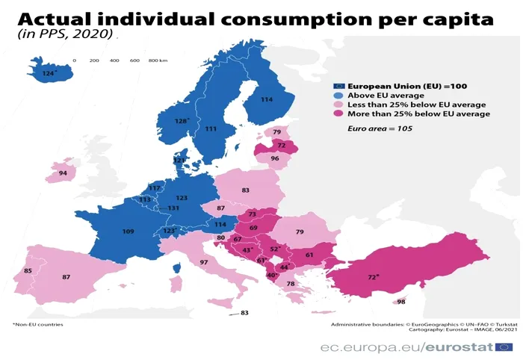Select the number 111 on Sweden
click(211, 129)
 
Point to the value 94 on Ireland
click(63, 173)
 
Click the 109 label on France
click(128, 232)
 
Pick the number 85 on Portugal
click(28, 270)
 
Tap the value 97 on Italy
click(204, 262)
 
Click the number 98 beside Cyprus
click(401, 301)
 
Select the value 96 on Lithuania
click(275, 158)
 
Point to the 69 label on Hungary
click(253, 228)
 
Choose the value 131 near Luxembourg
click(173, 208)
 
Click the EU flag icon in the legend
click(338, 86)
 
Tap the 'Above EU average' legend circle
click(338, 96)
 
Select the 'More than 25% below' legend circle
click(338, 114)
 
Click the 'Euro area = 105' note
click(380, 129)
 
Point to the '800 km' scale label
click(158, 60)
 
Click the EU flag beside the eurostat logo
click(504, 346)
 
